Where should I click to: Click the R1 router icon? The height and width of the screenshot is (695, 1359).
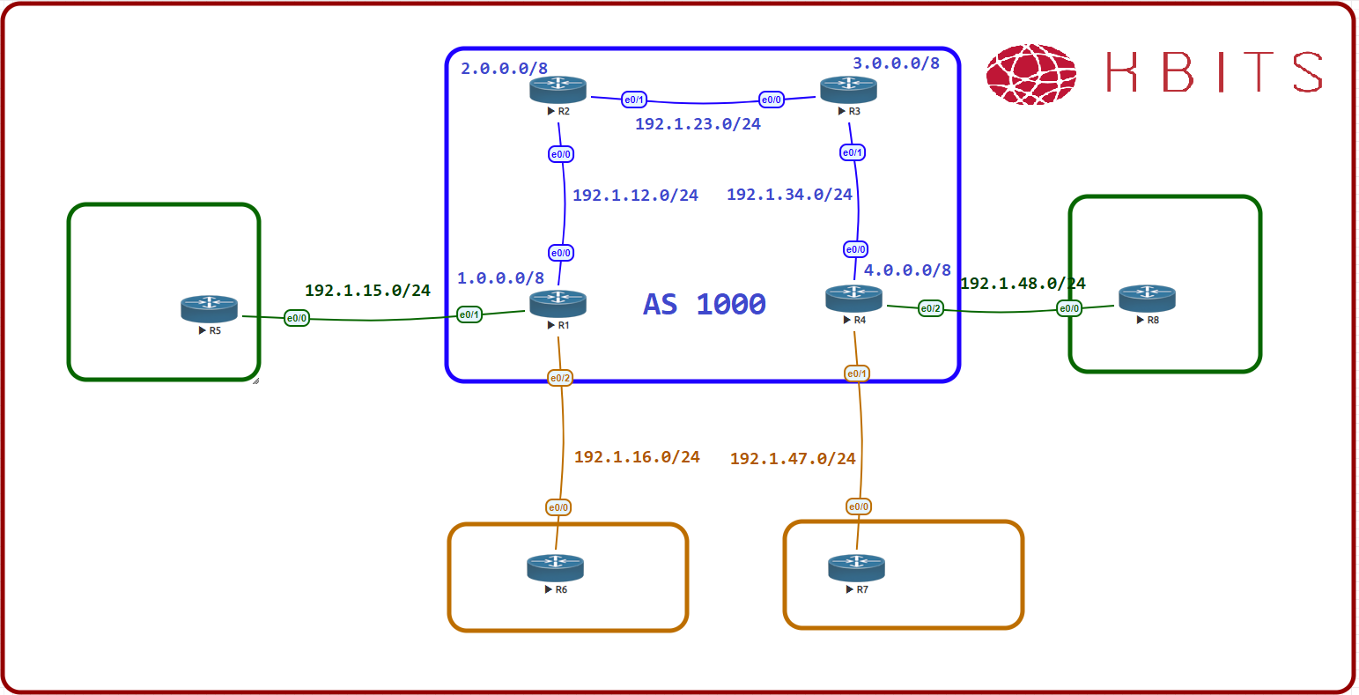coord(558,304)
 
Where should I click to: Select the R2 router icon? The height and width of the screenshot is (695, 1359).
coord(558,88)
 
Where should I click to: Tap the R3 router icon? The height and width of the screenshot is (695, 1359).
coord(848,88)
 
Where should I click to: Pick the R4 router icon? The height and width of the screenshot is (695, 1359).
coord(853,298)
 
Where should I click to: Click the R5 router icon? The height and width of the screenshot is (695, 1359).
coord(210,308)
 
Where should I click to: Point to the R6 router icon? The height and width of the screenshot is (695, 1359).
coord(555,567)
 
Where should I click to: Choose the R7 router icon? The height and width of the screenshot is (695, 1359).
coord(856,567)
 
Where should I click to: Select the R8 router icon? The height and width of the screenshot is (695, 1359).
coord(1147,298)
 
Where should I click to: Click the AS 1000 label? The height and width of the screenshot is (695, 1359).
coord(705,304)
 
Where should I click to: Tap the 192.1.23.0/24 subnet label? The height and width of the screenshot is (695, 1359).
coord(698,124)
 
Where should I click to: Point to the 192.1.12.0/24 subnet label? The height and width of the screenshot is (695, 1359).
coord(635,195)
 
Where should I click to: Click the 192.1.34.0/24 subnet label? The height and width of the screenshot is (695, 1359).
coord(789,194)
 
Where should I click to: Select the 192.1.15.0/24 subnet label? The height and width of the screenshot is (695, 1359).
coord(367,290)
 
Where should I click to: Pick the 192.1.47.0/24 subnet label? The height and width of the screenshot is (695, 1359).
coord(793,458)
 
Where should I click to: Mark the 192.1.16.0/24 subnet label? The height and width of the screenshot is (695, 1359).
coord(637,456)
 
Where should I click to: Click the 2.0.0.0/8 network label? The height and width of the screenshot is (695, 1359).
coord(504,68)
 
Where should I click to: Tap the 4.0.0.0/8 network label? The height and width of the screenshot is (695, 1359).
coord(907,270)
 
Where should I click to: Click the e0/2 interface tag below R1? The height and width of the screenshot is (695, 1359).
coord(560,378)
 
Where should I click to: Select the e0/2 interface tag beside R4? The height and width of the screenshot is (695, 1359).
coord(930,308)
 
